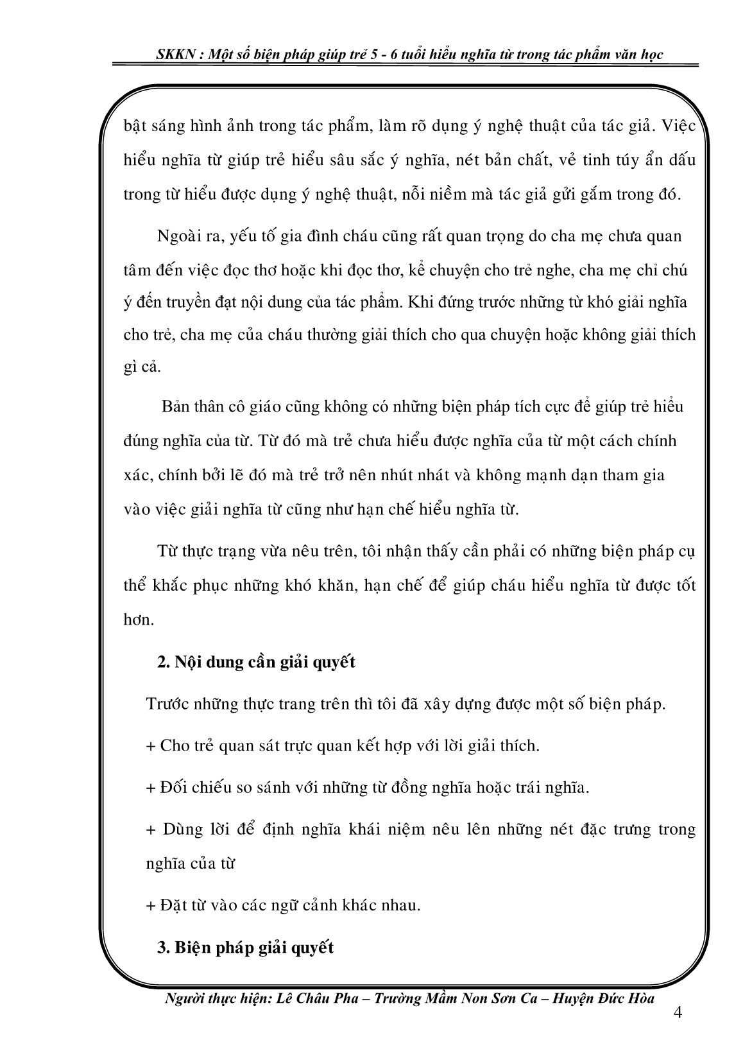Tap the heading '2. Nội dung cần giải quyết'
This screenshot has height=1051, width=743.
tap(256, 662)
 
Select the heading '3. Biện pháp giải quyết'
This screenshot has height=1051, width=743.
tap(245, 947)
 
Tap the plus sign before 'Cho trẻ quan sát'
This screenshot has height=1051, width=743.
tap(151, 746)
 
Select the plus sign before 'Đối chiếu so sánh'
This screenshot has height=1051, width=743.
tap(151, 788)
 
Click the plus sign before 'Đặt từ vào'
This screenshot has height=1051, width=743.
tap(151, 905)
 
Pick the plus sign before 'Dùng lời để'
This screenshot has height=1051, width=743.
tap(151, 830)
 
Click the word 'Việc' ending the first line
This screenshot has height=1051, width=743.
tap(680, 125)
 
